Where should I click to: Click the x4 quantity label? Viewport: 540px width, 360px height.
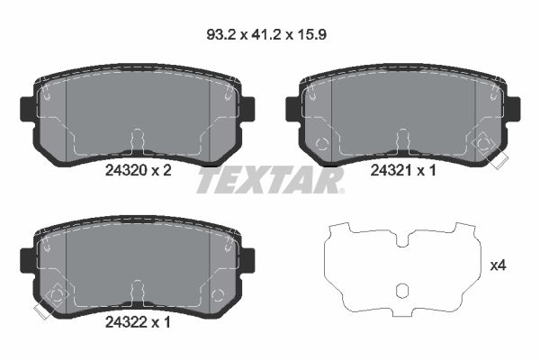coord(499,265)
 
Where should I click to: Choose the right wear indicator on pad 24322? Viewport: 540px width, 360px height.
coord(219,294)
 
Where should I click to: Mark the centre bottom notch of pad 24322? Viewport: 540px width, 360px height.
coord(137,290)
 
